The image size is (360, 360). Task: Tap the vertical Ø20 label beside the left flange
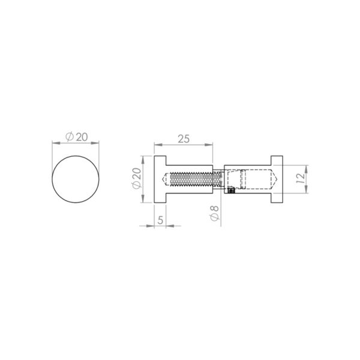(x=136, y=179)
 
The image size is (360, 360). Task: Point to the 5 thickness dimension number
(x=160, y=220)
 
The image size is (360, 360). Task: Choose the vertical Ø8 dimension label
(x=214, y=214)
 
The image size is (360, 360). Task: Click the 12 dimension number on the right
(x=301, y=178)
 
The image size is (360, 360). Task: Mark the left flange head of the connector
(x=161, y=179)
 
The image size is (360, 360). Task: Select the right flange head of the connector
(x=277, y=179)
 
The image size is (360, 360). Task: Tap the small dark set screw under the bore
(x=230, y=191)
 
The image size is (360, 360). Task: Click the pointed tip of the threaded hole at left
(x=167, y=179)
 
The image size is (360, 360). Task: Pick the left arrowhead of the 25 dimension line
(x=157, y=145)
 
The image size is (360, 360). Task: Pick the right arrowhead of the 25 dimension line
(x=211, y=145)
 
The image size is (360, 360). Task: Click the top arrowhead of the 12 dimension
(x=306, y=167)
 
